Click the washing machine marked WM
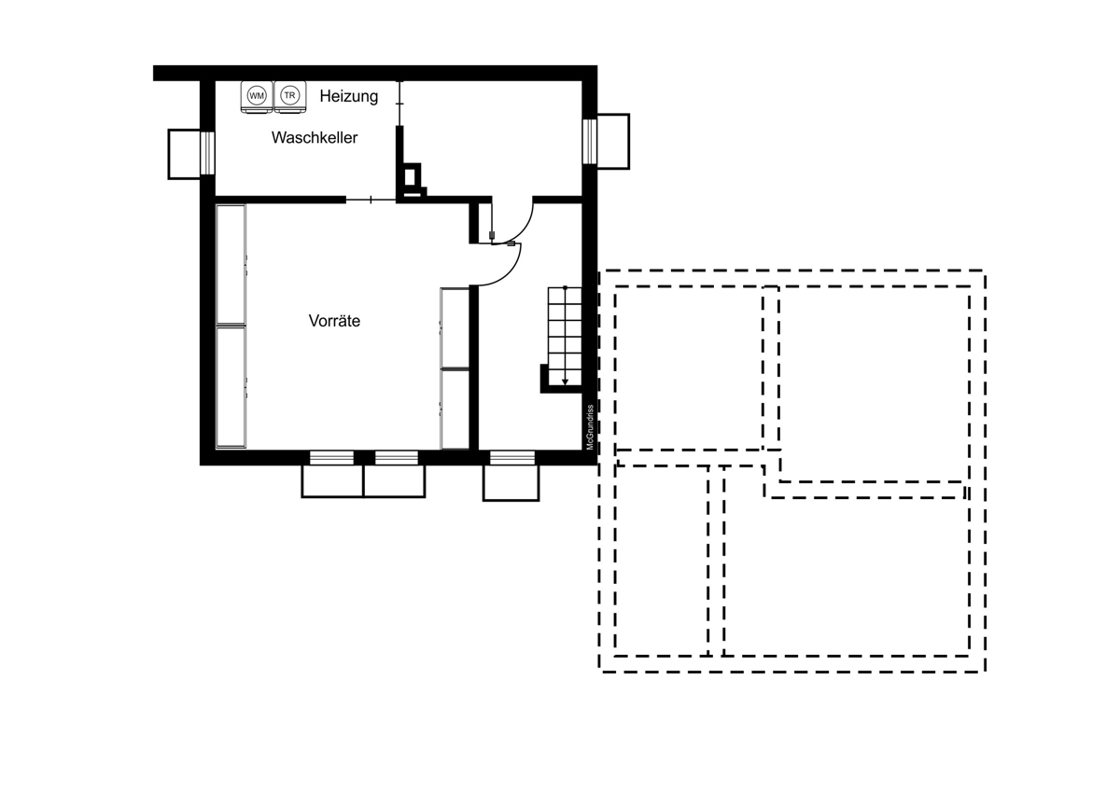pos(257,96)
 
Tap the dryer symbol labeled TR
pos(290,96)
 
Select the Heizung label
pos(349,96)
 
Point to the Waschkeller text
pos(315,137)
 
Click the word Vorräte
pos(334,321)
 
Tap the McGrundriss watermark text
pos(590,427)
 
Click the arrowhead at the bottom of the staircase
pos(565,382)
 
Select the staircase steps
pos(565,337)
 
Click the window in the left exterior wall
pos(207,153)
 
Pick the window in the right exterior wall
pos(590,142)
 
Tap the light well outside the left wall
pos(184,154)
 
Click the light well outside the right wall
pos(613,142)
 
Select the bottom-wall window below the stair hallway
pos(512,458)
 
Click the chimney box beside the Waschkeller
pos(412,180)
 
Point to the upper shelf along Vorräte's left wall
pos(231,265)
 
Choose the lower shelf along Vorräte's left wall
pos(231,387)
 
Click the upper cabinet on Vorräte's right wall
pos(455,327)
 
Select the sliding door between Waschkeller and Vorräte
pos(371,200)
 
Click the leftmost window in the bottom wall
pos(331,458)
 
